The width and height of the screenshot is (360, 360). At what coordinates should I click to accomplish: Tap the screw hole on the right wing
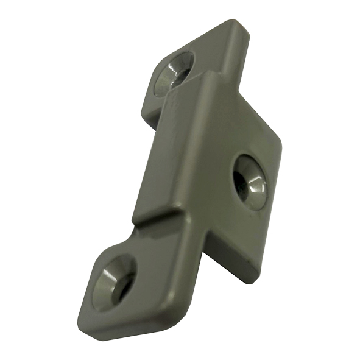(x=250, y=180)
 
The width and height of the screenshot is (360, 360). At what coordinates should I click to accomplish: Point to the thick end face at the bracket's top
(x=241, y=46)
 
